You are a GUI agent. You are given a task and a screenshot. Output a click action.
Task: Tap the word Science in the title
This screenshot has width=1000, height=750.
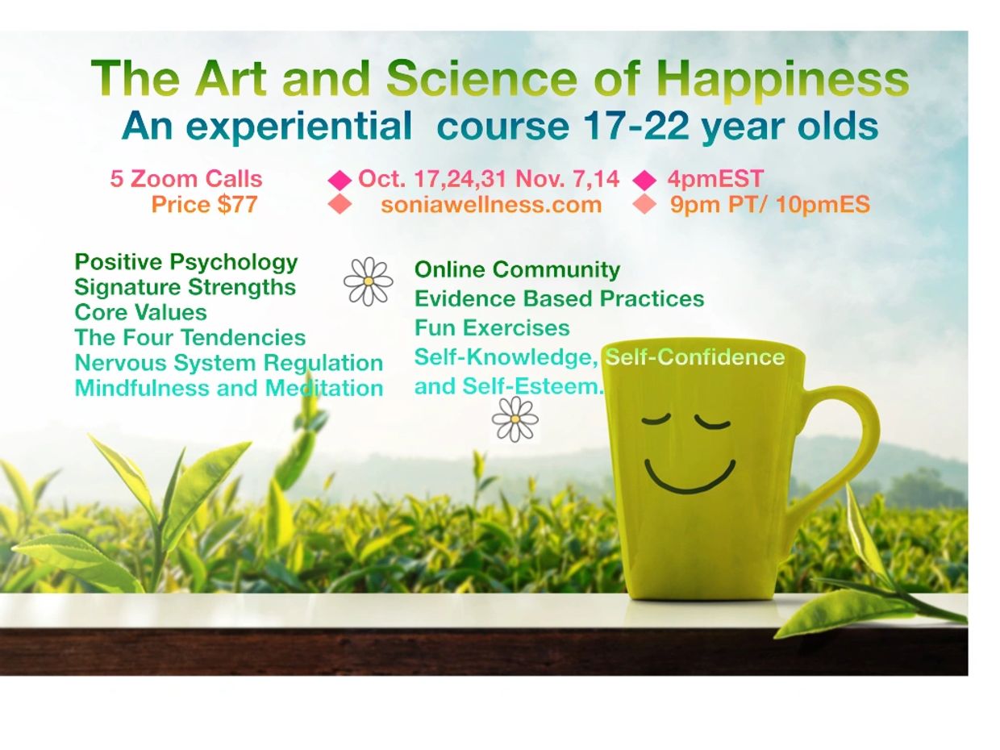pos(481,77)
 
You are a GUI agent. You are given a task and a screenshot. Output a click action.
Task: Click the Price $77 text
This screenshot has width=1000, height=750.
pos(205,204)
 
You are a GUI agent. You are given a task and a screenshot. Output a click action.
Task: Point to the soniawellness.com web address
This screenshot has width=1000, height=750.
pos(491,205)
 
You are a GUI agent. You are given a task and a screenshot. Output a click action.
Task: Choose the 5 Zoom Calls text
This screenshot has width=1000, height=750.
pos(185,178)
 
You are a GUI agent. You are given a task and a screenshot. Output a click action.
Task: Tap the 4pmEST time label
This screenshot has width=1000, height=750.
pos(715,178)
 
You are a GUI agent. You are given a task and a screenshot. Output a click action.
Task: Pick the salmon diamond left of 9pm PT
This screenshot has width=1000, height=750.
pos(644,204)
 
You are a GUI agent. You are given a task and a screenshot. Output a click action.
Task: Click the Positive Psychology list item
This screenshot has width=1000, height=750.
pos(185,263)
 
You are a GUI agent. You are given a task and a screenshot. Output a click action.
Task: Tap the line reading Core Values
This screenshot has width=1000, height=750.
pos(140,312)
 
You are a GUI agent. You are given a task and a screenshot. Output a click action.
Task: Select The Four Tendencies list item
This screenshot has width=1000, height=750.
pos(190,337)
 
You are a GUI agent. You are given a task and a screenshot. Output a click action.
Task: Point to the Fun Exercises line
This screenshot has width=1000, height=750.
pos(492,328)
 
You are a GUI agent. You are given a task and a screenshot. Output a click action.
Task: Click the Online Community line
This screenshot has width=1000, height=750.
pos(517,269)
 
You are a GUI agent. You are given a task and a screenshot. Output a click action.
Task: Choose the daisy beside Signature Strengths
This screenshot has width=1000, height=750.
pos(369,281)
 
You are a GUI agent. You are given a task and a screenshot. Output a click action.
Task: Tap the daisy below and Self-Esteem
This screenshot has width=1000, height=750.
pos(515,419)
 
